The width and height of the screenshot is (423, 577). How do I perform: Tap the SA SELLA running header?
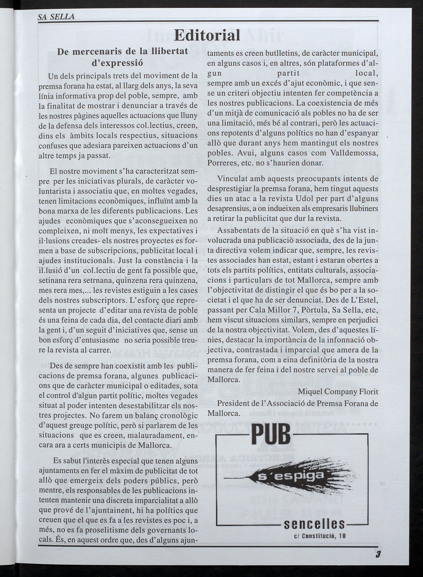coord(56,17)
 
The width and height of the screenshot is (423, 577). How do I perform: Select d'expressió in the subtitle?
coord(117,63)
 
